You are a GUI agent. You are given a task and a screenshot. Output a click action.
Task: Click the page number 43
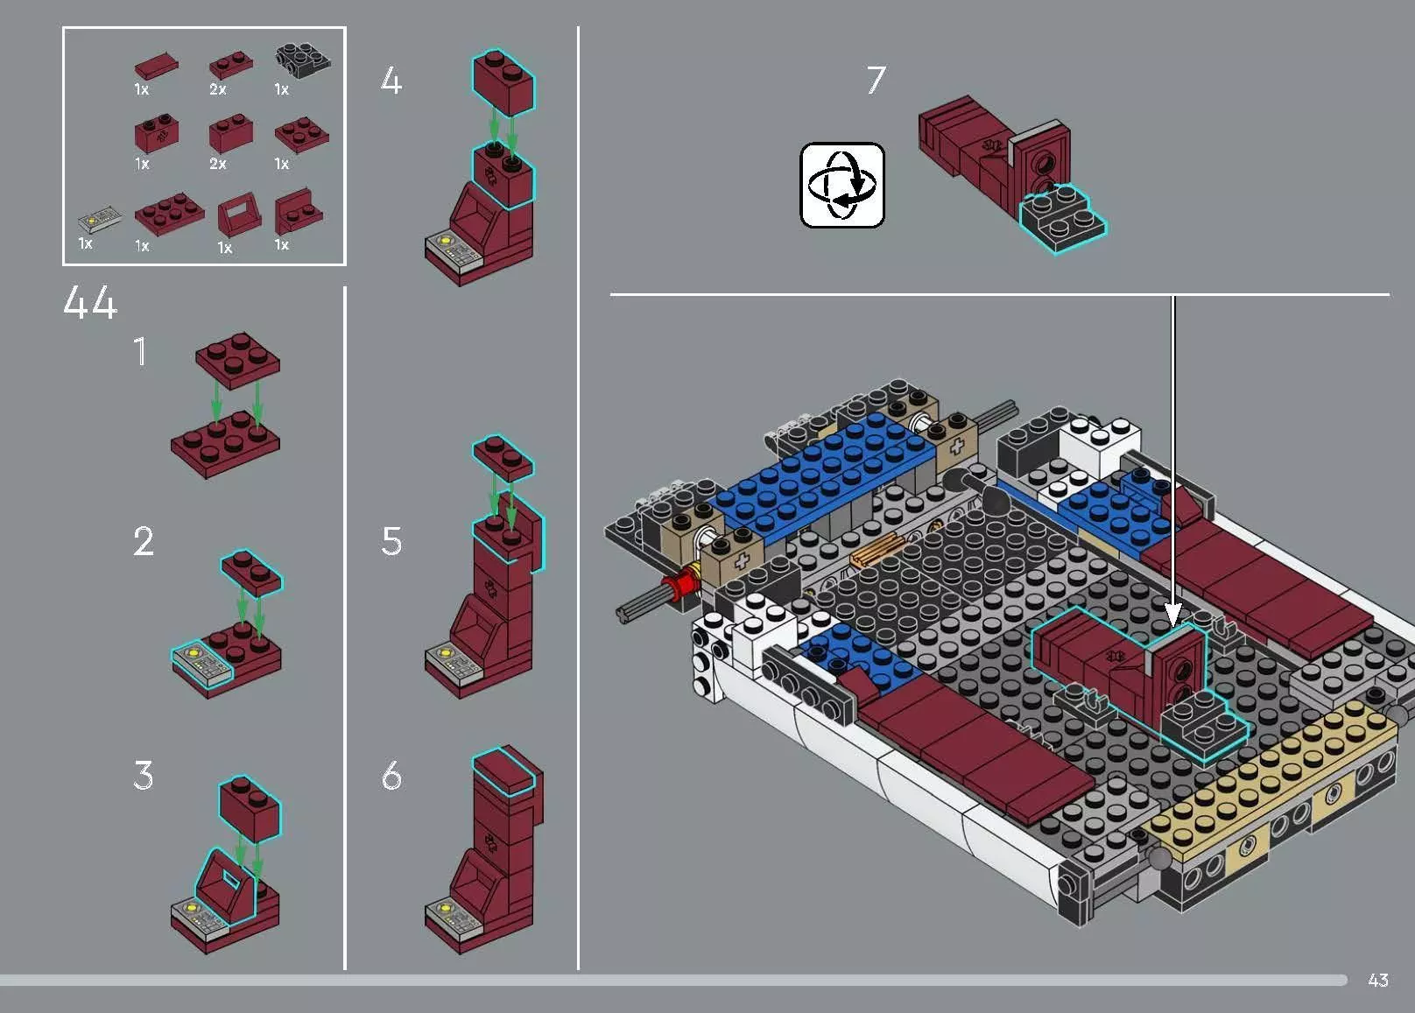pos(1377,980)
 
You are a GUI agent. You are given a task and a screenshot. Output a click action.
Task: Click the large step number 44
pos(89,303)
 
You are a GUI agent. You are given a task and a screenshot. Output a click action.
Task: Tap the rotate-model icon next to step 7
pos(842,186)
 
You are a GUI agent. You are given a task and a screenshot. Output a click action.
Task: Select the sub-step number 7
pos(876,81)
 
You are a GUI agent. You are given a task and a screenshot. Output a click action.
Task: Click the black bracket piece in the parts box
pos(303,58)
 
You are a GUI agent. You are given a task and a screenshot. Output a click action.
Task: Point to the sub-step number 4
pos(391,81)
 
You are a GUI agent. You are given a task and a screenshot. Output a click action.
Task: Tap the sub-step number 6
pos(391,776)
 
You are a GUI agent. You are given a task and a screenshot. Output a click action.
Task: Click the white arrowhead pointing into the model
pos(1173,612)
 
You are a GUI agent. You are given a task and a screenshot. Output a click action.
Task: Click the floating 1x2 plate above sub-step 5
pos(502,457)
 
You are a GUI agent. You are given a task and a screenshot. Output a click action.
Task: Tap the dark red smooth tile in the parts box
pos(157,67)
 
